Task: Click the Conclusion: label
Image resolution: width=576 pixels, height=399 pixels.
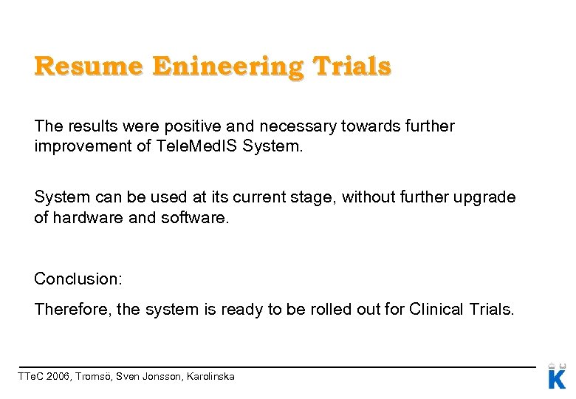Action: (x=78, y=279)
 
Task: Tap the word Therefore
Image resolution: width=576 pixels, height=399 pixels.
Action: (x=71, y=309)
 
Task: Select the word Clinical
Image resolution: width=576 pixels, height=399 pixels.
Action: (x=436, y=309)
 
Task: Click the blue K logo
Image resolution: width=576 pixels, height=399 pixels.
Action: (x=557, y=378)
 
